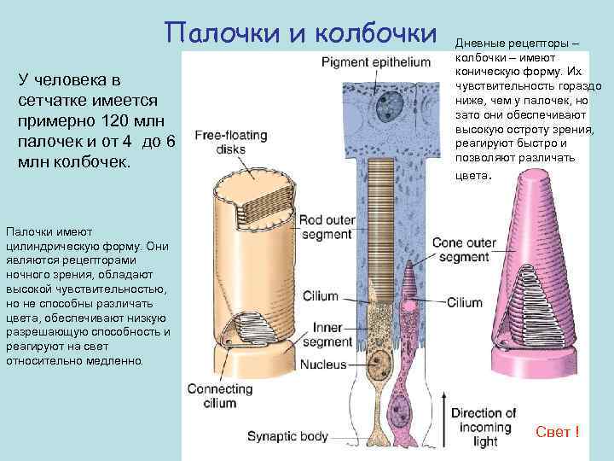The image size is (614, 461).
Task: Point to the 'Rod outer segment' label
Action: click(x=326, y=227)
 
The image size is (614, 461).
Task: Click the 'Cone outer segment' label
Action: click(x=464, y=249)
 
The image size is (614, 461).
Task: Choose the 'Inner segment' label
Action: click(x=328, y=334)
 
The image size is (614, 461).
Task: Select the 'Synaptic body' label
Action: click(x=287, y=436)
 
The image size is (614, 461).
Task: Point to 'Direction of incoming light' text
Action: click(x=484, y=427)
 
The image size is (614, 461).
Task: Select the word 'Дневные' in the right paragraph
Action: click(x=484, y=43)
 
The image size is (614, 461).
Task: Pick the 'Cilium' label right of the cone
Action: click(x=465, y=302)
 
